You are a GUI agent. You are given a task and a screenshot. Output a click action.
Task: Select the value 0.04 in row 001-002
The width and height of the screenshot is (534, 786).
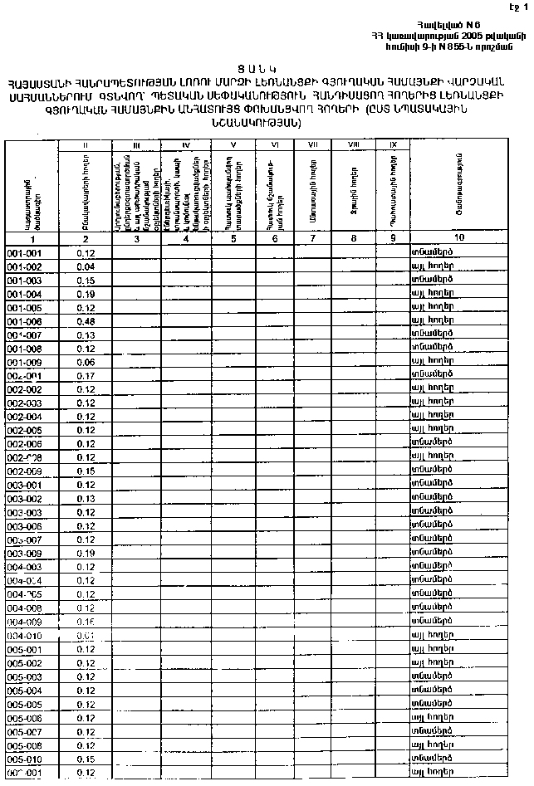tap(85, 266)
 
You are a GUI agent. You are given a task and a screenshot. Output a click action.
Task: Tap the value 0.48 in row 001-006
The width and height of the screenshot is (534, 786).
tap(85, 321)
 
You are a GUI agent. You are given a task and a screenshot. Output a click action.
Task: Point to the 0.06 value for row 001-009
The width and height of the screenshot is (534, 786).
tap(85, 362)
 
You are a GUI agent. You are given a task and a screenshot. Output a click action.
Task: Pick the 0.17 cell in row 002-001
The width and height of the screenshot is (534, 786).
tap(85, 375)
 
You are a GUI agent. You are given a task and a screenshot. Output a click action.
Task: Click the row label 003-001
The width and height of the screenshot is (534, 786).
tap(24, 485)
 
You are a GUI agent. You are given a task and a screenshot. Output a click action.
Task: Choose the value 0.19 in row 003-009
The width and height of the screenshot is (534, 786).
tap(85, 553)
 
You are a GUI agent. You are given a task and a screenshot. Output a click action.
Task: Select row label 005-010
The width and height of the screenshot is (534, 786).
tap(24, 759)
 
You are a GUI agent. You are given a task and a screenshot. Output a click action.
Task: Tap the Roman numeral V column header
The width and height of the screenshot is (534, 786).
tap(235, 144)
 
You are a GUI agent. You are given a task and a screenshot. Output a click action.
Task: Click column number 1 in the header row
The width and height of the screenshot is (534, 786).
tap(33, 238)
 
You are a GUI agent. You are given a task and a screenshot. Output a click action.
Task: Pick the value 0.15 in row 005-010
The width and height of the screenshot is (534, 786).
tap(85, 759)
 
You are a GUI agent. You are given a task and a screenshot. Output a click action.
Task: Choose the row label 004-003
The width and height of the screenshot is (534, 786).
tap(24, 567)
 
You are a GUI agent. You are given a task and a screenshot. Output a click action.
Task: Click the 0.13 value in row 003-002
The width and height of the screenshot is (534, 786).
tap(85, 498)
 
